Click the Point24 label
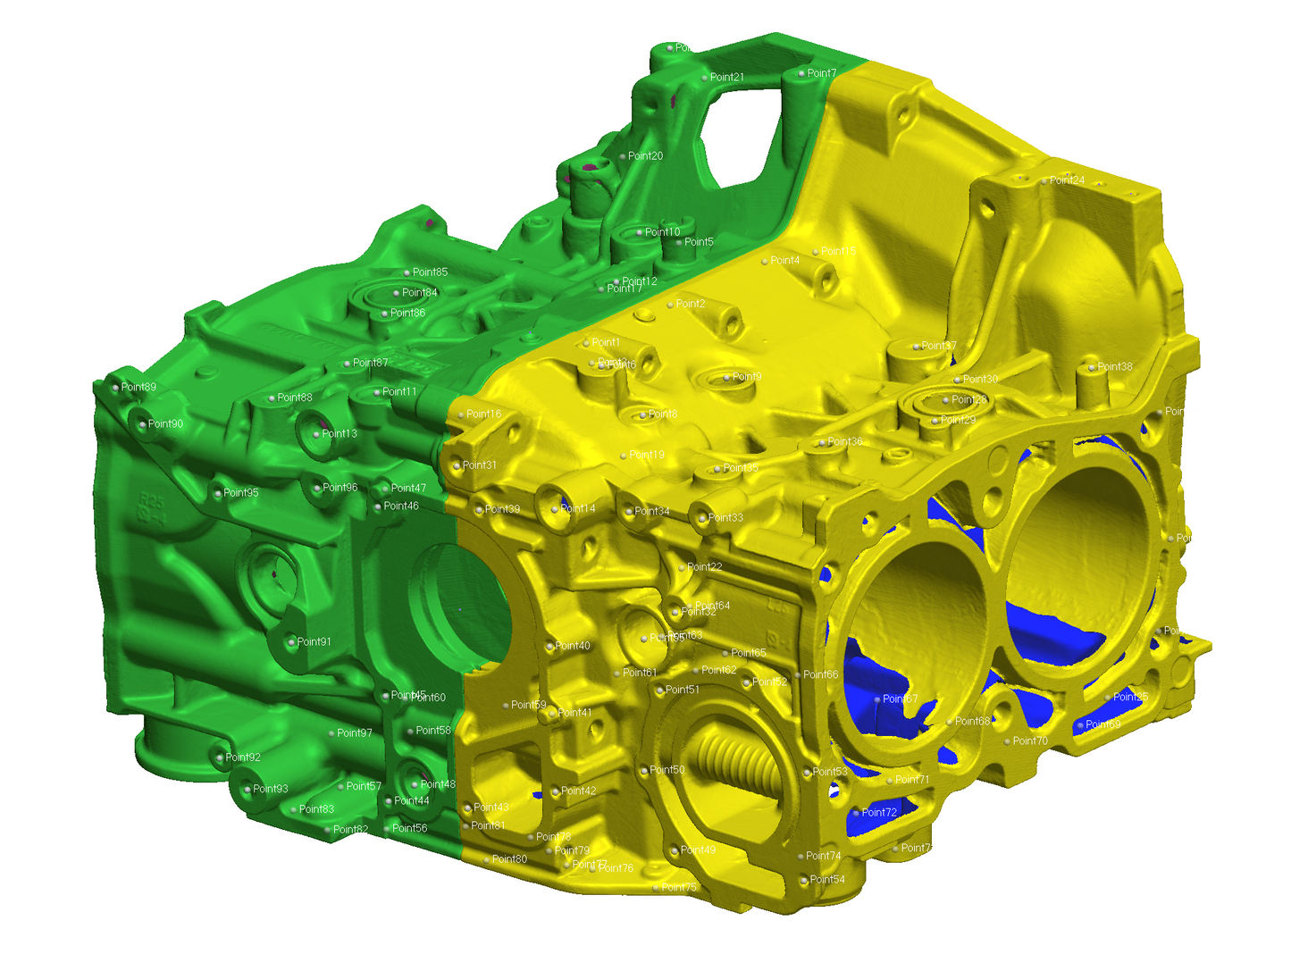pyautogui.click(x=1067, y=180)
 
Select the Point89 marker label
pyautogui.click(x=138, y=388)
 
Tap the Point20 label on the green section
pyautogui.click(x=645, y=156)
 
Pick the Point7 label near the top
pyautogui.click(x=821, y=73)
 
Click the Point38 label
pyautogui.click(x=1114, y=367)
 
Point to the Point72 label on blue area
pyautogui.click(x=879, y=813)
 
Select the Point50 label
pyautogui.click(x=666, y=770)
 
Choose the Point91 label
pyautogui.click(x=314, y=642)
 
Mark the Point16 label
pyautogui.click(x=483, y=414)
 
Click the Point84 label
pyautogui.click(x=419, y=293)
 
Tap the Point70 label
pyautogui.click(x=1029, y=741)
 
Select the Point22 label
pyautogui.click(x=704, y=567)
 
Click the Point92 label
pyautogui.click(x=242, y=757)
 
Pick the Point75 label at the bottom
pyautogui.click(x=678, y=888)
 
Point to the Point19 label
pyautogui.click(x=646, y=455)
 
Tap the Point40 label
pyautogui.click(x=572, y=646)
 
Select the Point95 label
pyautogui.click(x=240, y=493)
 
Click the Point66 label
pyautogui.click(x=820, y=675)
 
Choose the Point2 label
pyautogui.click(x=690, y=305)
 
